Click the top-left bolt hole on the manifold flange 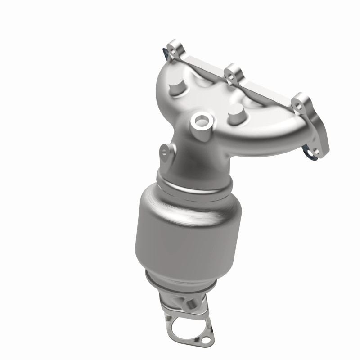tap(174, 49)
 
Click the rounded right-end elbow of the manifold tap(292, 135)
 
